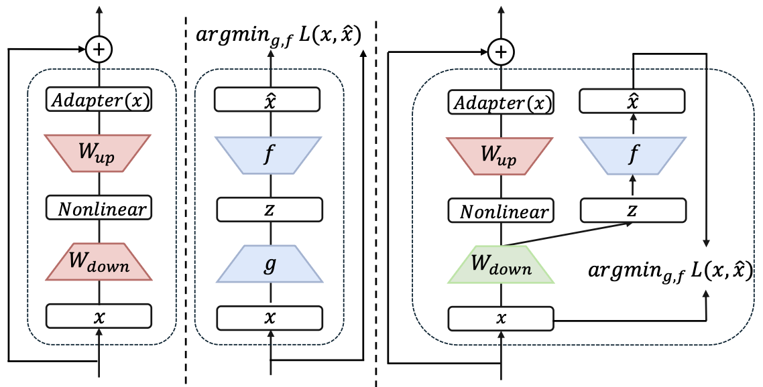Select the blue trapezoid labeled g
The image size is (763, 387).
pos(268,262)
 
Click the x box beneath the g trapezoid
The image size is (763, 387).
pos(268,315)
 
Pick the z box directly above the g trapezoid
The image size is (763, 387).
pos(268,210)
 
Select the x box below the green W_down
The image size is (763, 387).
pos(500,318)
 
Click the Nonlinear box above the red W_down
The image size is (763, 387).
pos(99,208)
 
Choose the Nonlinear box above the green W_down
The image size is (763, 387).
pos(500,212)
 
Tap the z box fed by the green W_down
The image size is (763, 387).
pos(632,211)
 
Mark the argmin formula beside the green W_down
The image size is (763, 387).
pos(669,270)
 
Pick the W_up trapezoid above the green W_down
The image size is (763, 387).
pos(500,157)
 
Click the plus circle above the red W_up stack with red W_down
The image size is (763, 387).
pos(99,49)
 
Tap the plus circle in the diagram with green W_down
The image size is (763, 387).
pos(500,51)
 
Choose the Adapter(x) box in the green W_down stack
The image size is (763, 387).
pos(500,102)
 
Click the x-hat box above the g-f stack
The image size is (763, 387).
pos(268,100)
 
